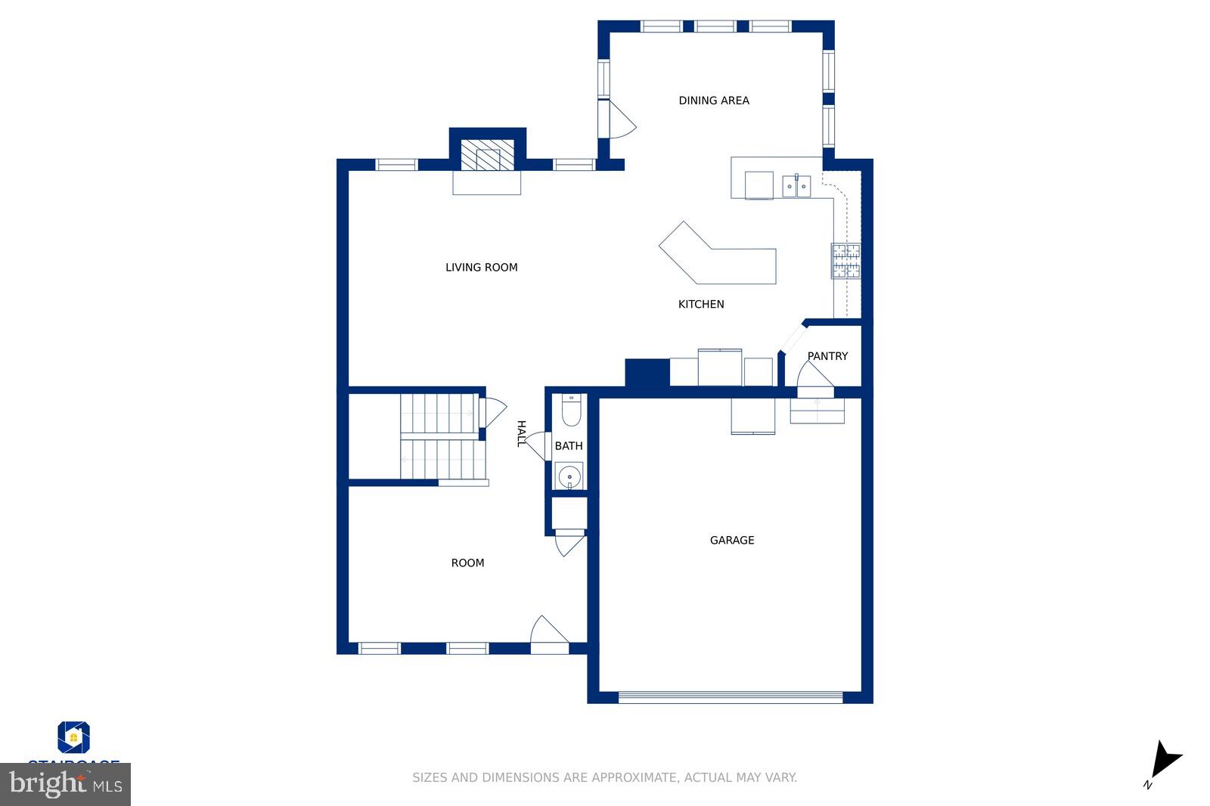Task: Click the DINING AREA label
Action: (713, 101)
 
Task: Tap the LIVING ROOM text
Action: (481, 268)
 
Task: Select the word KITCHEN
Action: (701, 304)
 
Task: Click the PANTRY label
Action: (827, 356)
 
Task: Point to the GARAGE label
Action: (731, 541)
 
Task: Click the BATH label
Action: (569, 446)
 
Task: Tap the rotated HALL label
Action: (520, 434)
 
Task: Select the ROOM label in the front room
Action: (467, 563)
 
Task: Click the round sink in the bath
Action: (569, 477)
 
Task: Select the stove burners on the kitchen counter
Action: (846, 261)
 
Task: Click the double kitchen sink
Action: (796, 185)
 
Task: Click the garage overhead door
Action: (731, 697)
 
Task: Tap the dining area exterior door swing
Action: (622, 121)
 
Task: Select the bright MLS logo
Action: (66, 784)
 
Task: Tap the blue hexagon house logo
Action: (73, 737)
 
